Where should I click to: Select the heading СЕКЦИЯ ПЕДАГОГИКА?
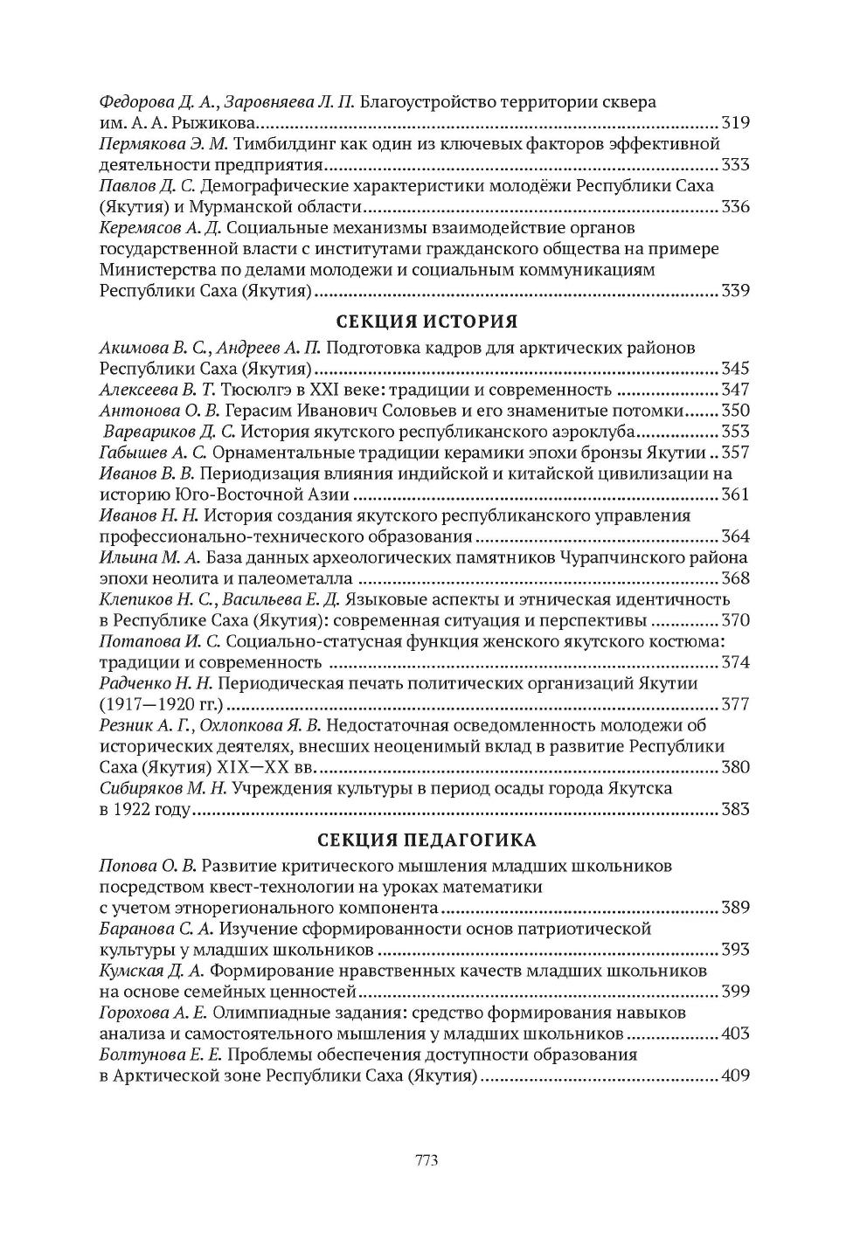[x=426, y=840]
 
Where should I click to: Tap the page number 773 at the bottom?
[x=426, y=1160]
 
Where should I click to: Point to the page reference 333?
[x=735, y=165]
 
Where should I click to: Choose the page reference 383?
[x=735, y=810]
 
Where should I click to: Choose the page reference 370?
[x=735, y=621]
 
